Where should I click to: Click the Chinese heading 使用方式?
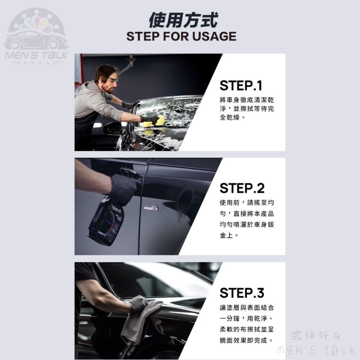(x=183, y=20)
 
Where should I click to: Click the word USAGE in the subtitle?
(x=214, y=37)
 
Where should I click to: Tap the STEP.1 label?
(x=241, y=86)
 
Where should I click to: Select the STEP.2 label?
(x=242, y=188)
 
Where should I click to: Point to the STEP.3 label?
(x=242, y=293)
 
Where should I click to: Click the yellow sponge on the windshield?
(x=154, y=121)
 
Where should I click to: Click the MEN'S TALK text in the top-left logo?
(x=36, y=55)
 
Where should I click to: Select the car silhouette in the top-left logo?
(x=36, y=41)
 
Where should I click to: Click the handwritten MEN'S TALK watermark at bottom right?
(x=316, y=351)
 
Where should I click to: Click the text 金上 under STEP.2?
(x=226, y=235)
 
